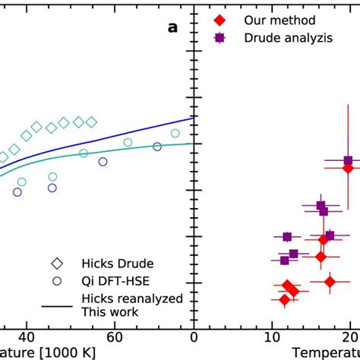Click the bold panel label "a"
point(173,28)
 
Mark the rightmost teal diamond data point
point(91,122)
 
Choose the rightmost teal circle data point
point(175,134)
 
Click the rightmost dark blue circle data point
point(157,147)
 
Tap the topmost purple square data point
point(349,160)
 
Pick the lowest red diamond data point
point(285,300)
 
